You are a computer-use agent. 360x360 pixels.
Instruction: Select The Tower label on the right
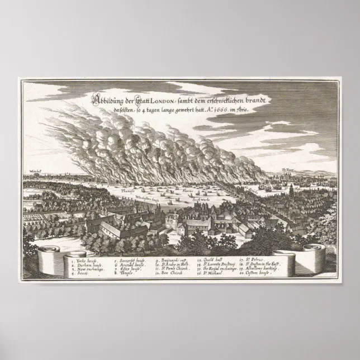[x=288, y=168]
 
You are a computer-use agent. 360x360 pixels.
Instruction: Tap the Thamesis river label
[x=129, y=190]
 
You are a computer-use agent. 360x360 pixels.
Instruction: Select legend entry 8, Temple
[x=126, y=275]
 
